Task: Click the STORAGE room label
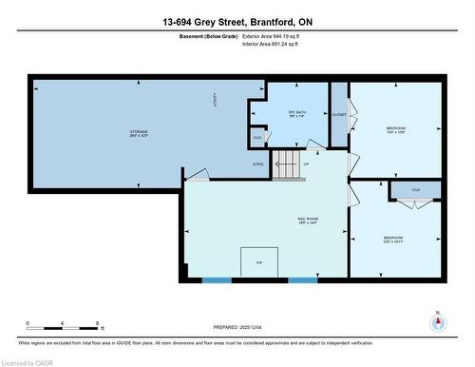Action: coord(139,133)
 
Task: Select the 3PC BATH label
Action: coord(297,114)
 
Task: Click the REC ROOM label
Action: coord(308,221)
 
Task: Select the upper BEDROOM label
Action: coord(396,128)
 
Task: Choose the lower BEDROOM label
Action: coord(393,238)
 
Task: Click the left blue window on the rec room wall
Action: coord(217,280)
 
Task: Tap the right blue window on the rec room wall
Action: coord(302,280)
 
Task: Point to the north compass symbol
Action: coord(437,322)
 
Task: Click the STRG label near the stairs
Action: coord(258,164)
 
